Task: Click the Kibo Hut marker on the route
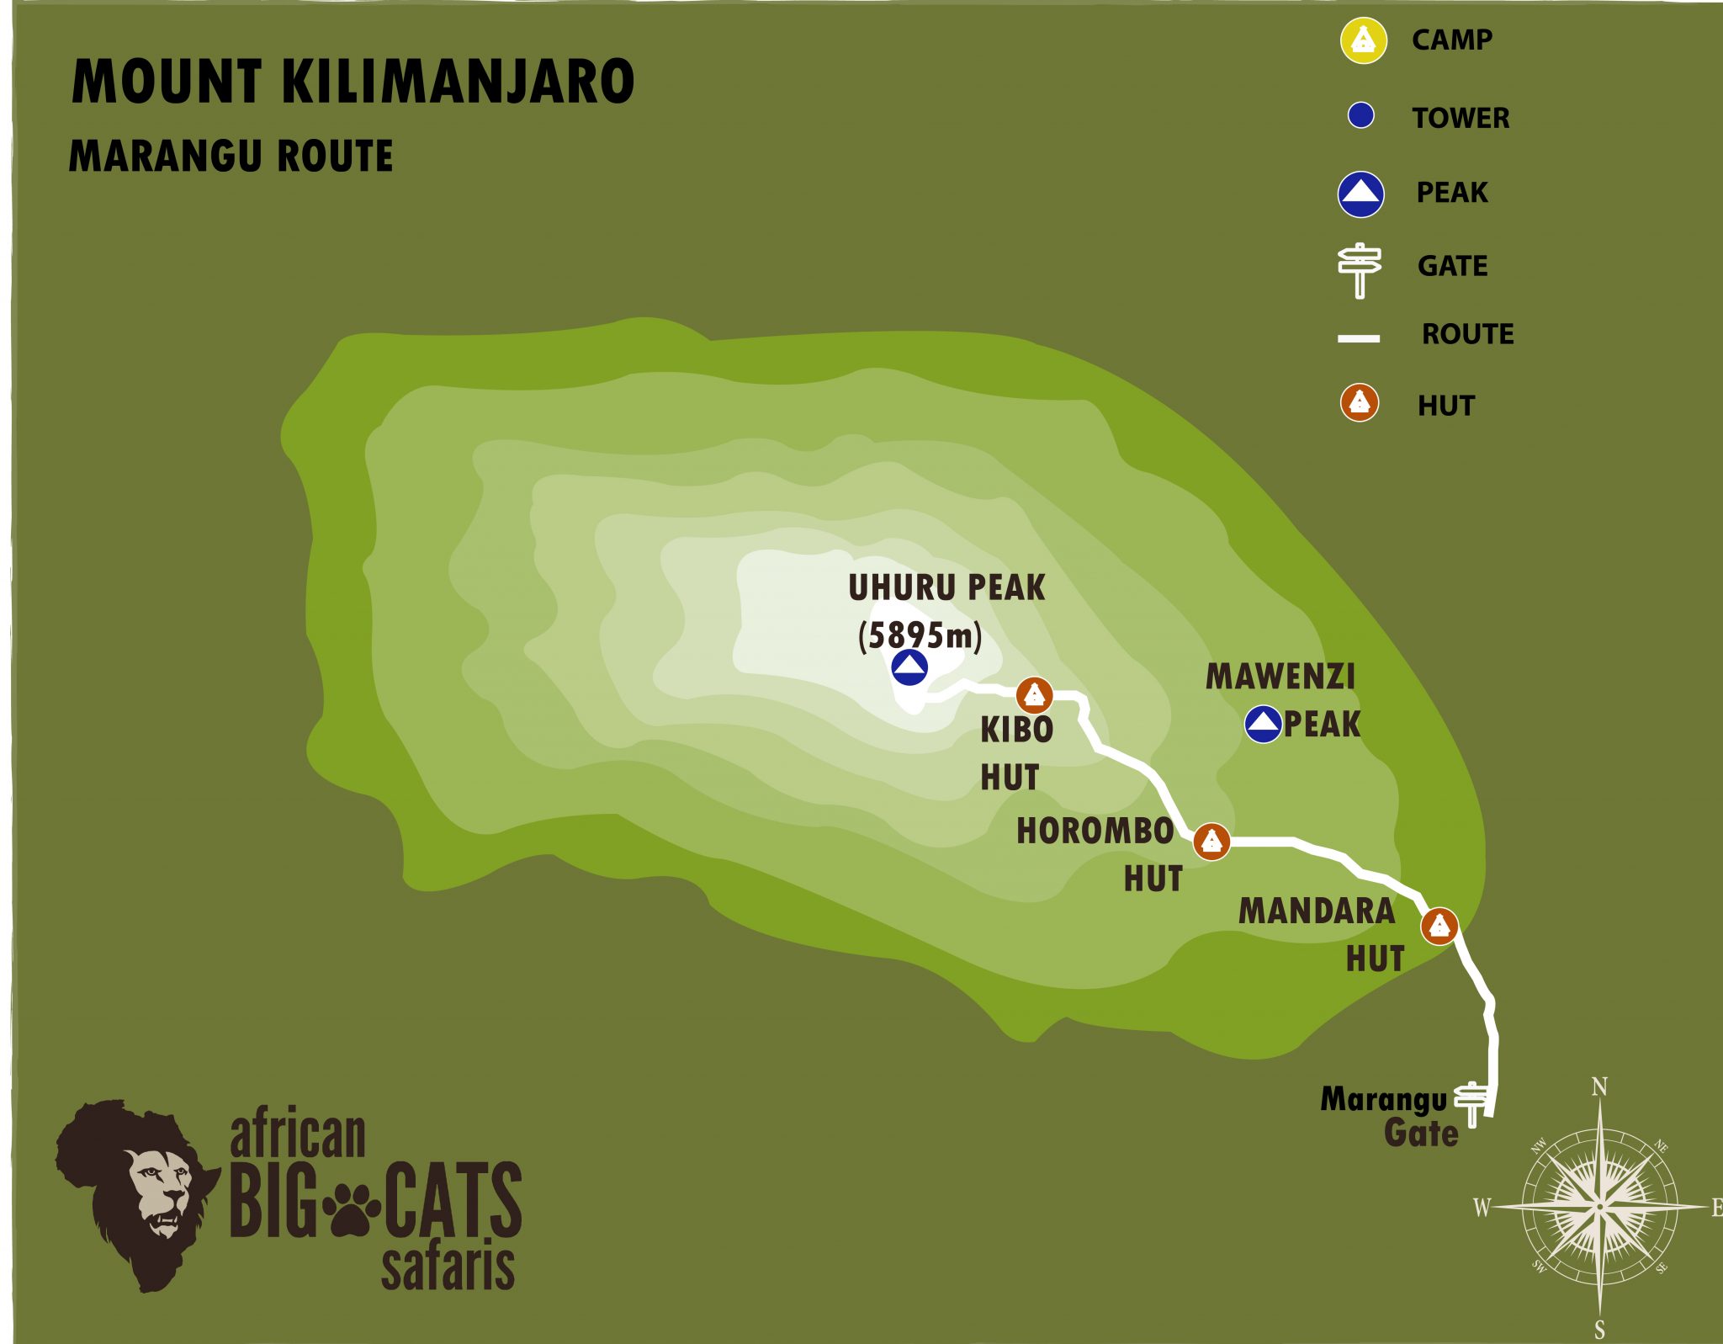(x=1034, y=695)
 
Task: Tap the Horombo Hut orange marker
(x=1211, y=841)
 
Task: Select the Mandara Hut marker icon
(x=1439, y=926)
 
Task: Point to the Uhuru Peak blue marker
(x=909, y=668)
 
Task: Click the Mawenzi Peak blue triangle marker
(x=1263, y=724)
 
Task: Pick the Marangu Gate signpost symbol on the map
(x=1471, y=1102)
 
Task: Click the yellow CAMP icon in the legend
(x=1363, y=40)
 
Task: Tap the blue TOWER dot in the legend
(x=1360, y=115)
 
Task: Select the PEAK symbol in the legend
(x=1360, y=194)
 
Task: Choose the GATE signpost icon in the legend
(x=1360, y=268)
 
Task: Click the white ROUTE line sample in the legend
(x=1359, y=338)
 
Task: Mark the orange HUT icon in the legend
(x=1359, y=402)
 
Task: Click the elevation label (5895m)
(x=920, y=635)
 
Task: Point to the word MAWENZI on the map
(x=1280, y=677)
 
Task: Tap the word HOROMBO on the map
(x=1095, y=831)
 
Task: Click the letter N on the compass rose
(x=1599, y=1087)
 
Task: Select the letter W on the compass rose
(x=1482, y=1209)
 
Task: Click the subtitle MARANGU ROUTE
(x=231, y=157)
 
